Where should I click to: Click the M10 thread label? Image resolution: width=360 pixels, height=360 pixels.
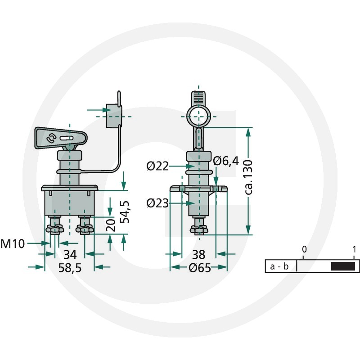tap(13, 243)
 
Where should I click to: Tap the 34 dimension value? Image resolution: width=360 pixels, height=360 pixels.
tap(70, 255)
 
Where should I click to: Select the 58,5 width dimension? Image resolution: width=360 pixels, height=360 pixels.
tap(70, 268)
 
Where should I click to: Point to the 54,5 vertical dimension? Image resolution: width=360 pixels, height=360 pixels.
tap(125, 211)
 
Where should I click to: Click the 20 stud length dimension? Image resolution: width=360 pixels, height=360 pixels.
tap(111, 225)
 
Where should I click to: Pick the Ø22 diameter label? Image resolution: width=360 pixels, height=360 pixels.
tap(157, 166)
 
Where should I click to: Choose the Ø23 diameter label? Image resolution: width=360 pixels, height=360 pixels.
tap(157, 203)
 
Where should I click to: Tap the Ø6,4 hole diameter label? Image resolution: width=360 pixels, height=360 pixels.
tap(226, 161)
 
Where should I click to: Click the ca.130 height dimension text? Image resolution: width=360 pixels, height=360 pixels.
tap(248, 177)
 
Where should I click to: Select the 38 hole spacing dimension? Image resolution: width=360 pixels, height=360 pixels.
tap(198, 255)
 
